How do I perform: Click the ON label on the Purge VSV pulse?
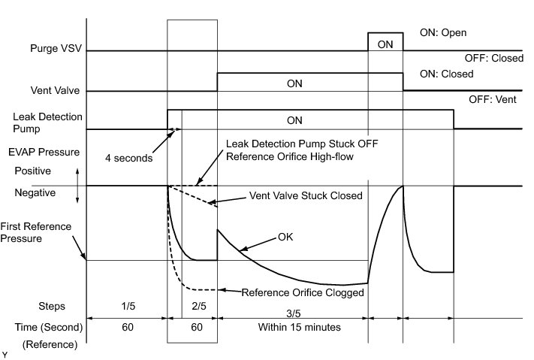coord(385,44)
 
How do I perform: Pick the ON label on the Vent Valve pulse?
coord(295,83)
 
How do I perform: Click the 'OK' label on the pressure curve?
coord(285,237)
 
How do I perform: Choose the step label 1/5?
coord(126,307)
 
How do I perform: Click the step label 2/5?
coord(199,307)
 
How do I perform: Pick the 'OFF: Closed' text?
coord(495,58)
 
